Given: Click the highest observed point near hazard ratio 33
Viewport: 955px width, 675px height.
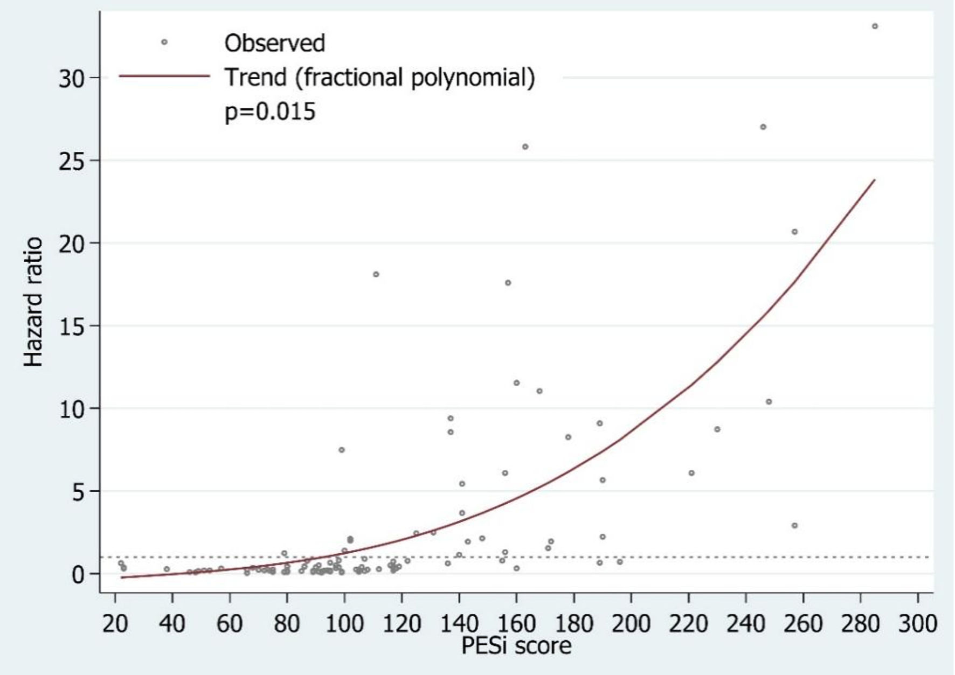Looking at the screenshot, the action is click(875, 26).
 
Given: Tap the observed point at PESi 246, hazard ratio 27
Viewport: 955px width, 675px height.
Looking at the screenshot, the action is click(763, 127).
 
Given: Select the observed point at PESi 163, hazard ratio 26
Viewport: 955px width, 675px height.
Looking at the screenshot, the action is click(525, 147).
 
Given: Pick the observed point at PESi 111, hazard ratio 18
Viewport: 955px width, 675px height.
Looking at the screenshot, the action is click(376, 274).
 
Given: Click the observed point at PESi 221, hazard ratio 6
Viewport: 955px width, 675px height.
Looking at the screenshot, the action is click(691, 473).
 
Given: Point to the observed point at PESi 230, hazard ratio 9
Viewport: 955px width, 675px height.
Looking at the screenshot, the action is click(717, 429).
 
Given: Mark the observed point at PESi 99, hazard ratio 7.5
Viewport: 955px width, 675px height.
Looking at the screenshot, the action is click(342, 450).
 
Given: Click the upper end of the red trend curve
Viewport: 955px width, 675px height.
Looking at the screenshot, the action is click(875, 179).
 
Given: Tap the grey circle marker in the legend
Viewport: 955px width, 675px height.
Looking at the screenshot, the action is click(164, 42).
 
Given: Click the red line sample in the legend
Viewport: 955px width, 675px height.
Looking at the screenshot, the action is click(164, 76).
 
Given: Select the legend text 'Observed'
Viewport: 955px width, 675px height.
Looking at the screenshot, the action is click(275, 43).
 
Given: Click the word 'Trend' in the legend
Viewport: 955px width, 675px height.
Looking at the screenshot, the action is click(256, 78).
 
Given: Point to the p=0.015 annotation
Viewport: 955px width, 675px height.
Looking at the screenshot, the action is click(270, 112).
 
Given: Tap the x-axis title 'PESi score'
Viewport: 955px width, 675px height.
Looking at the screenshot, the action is click(516, 645).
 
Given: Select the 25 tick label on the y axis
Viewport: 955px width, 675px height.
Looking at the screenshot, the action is click(72, 161).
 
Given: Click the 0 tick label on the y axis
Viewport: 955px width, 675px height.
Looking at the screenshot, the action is click(79, 575).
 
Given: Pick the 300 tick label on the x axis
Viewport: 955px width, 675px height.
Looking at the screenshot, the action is click(918, 624).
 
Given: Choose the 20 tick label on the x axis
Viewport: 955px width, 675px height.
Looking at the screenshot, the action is click(115, 624).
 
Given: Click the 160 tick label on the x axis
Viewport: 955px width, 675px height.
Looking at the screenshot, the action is click(516, 624).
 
